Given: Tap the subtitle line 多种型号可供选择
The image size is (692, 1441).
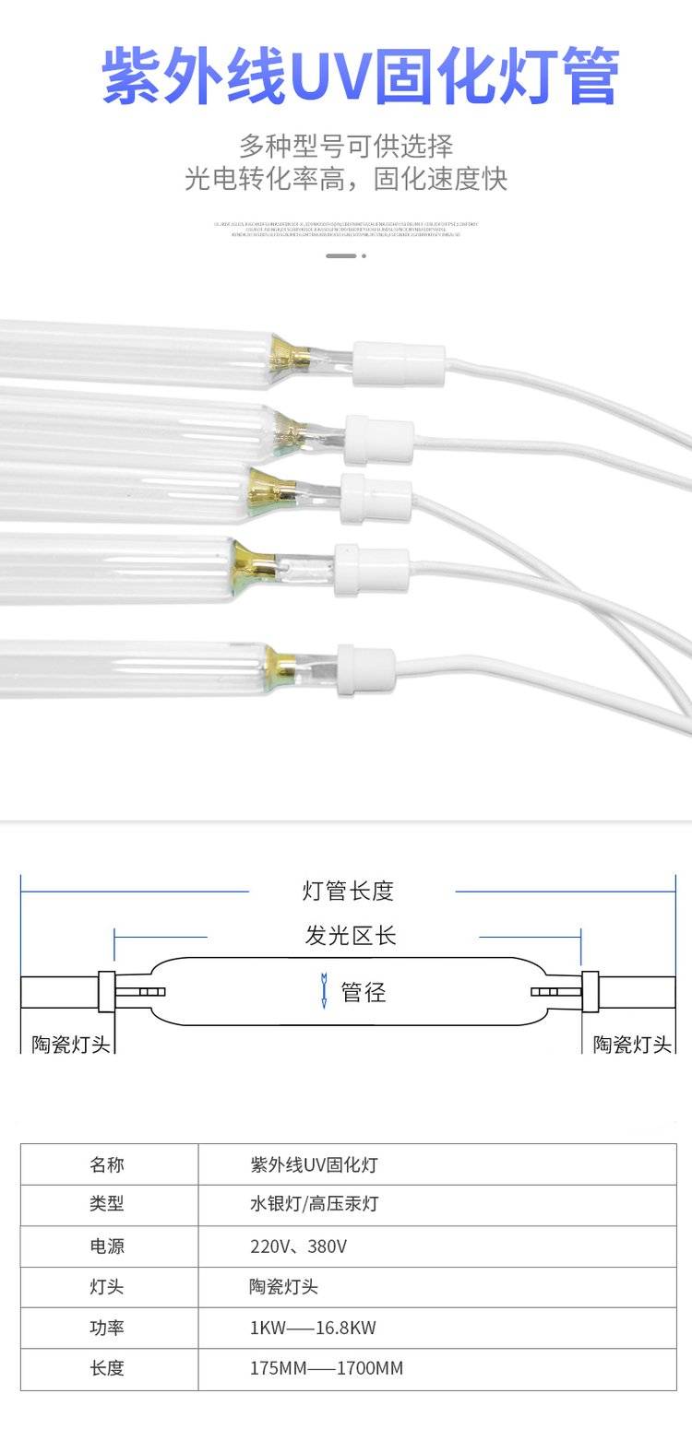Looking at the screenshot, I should coord(346,146).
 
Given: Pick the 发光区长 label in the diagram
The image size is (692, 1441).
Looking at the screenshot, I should coord(351,935).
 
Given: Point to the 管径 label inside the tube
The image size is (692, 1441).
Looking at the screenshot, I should coord(364,992).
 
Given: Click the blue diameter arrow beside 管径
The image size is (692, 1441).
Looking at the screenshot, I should coord(323,989).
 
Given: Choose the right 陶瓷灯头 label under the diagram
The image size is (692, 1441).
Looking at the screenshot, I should coord(632,1044).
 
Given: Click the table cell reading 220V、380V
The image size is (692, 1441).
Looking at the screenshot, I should coord(298,1246).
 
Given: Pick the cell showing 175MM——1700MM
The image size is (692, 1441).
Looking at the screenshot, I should coord(327,1368).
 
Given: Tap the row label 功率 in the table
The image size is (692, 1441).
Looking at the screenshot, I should coord(107,1328).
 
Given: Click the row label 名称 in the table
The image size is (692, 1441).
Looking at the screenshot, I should coord(107,1164).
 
